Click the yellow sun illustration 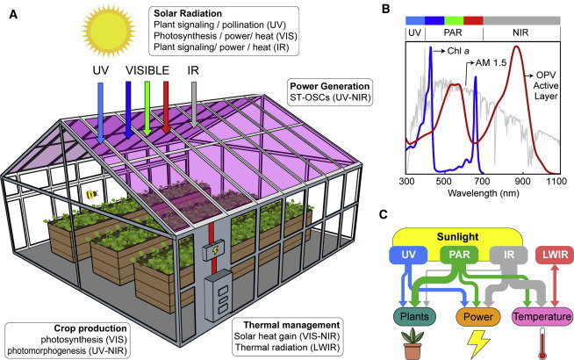pyautogui.click(x=108, y=29)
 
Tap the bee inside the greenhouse pyautogui.click(x=90, y=194)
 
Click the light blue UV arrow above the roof pyautogui.click(x=100, y=112)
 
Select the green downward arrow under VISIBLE pyautogui.click(x=147, y=108)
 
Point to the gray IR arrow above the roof pyautogui.click(x=194, y=105)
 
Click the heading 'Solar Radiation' pyautogui.click(x=188, y=13)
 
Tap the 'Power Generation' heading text pyautogui.click(x=330, y=86)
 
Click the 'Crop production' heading pyautogui.click(x=90, y=328)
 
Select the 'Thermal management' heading pyautogui.click(x=291, y=325)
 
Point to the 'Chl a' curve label pyautogui.click(x=458, y=51)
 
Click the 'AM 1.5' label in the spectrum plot pyautogui.click(x=491, y=63)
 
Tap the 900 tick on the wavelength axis pyautogui.click(x=522, y=181)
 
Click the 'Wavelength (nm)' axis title pyautogui.click(x=484, y=192)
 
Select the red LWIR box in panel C pyautogui.click(x=555, y=255)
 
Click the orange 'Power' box pyautogui.click(x=478, y=317)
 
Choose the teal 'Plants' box pyautogui.click(x=414, y=317)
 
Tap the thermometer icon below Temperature pyautogui.click(x=543, y=343)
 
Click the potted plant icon pyautogui.click(x=413, y=344)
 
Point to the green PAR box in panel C pyautogui.click(x=459, y=255)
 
